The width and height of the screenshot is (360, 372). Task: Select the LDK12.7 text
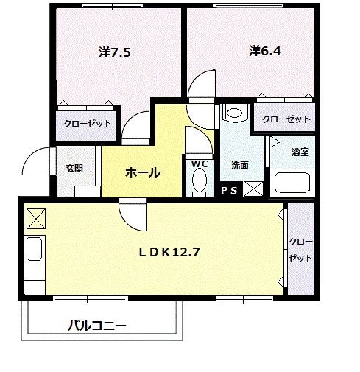(171, 250)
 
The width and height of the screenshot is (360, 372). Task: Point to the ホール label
(143, 172)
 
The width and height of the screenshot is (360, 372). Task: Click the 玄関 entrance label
(74, 168)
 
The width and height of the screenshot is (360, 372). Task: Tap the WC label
(200, 164)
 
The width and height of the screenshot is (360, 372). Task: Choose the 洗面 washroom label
(239, 165)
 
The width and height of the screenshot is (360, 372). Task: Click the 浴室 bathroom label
(300, 152)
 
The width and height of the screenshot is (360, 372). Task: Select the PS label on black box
(229, 191)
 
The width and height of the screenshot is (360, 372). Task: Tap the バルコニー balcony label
(98, 325)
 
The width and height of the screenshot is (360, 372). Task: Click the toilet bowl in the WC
(200, 181)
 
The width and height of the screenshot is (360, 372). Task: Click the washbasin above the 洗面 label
(235, 115)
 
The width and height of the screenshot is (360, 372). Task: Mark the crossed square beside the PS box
(253, 189)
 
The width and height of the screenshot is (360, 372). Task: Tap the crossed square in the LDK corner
(35, 219)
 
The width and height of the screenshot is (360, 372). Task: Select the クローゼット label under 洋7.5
(88, 124)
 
